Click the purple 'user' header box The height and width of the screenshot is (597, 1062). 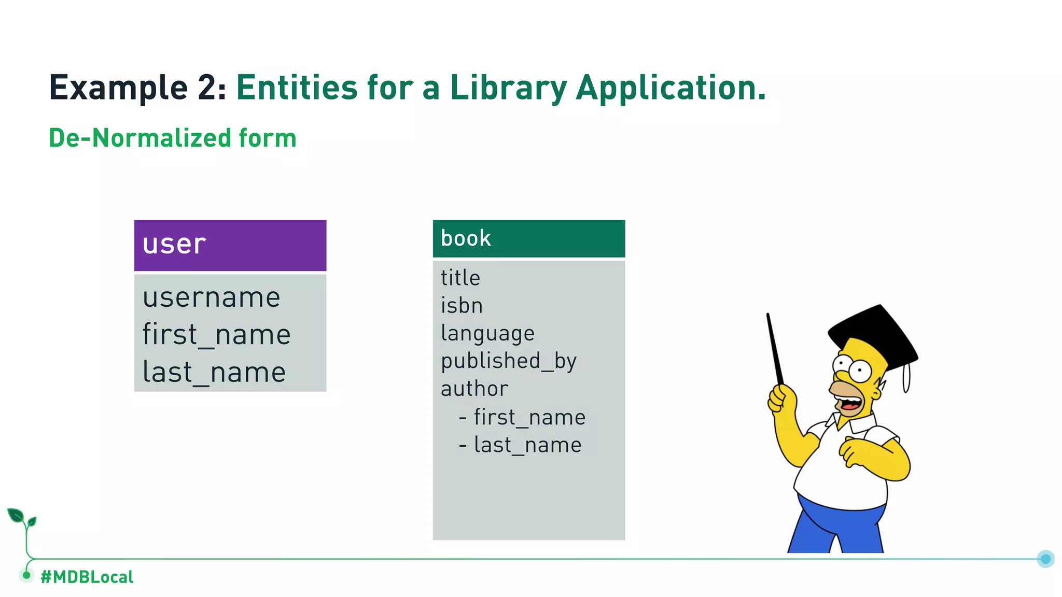point(230,245)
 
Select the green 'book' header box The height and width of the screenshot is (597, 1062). point(528,238)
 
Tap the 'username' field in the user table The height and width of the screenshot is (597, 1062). point(212,297)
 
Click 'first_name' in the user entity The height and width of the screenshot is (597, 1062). point(216,335)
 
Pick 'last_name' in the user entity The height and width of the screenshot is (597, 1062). point(214,372)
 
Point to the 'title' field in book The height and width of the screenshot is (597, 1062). point(460,278)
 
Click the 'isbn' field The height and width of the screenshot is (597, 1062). point(462,305)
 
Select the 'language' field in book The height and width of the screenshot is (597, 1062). point(487,333)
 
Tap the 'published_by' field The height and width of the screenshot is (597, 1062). point(508,361)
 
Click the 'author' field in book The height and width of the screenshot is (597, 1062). point(474,389)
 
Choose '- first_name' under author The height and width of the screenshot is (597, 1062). point(522,417)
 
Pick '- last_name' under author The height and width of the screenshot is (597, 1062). point(520,445)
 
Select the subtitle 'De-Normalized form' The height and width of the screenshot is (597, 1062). point(172,138)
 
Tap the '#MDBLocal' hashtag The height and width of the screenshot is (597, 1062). point(87,577)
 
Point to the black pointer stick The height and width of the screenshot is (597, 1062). point(775,347)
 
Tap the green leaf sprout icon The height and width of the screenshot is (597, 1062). point(21,518)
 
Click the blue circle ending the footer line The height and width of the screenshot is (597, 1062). point(1045,559)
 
